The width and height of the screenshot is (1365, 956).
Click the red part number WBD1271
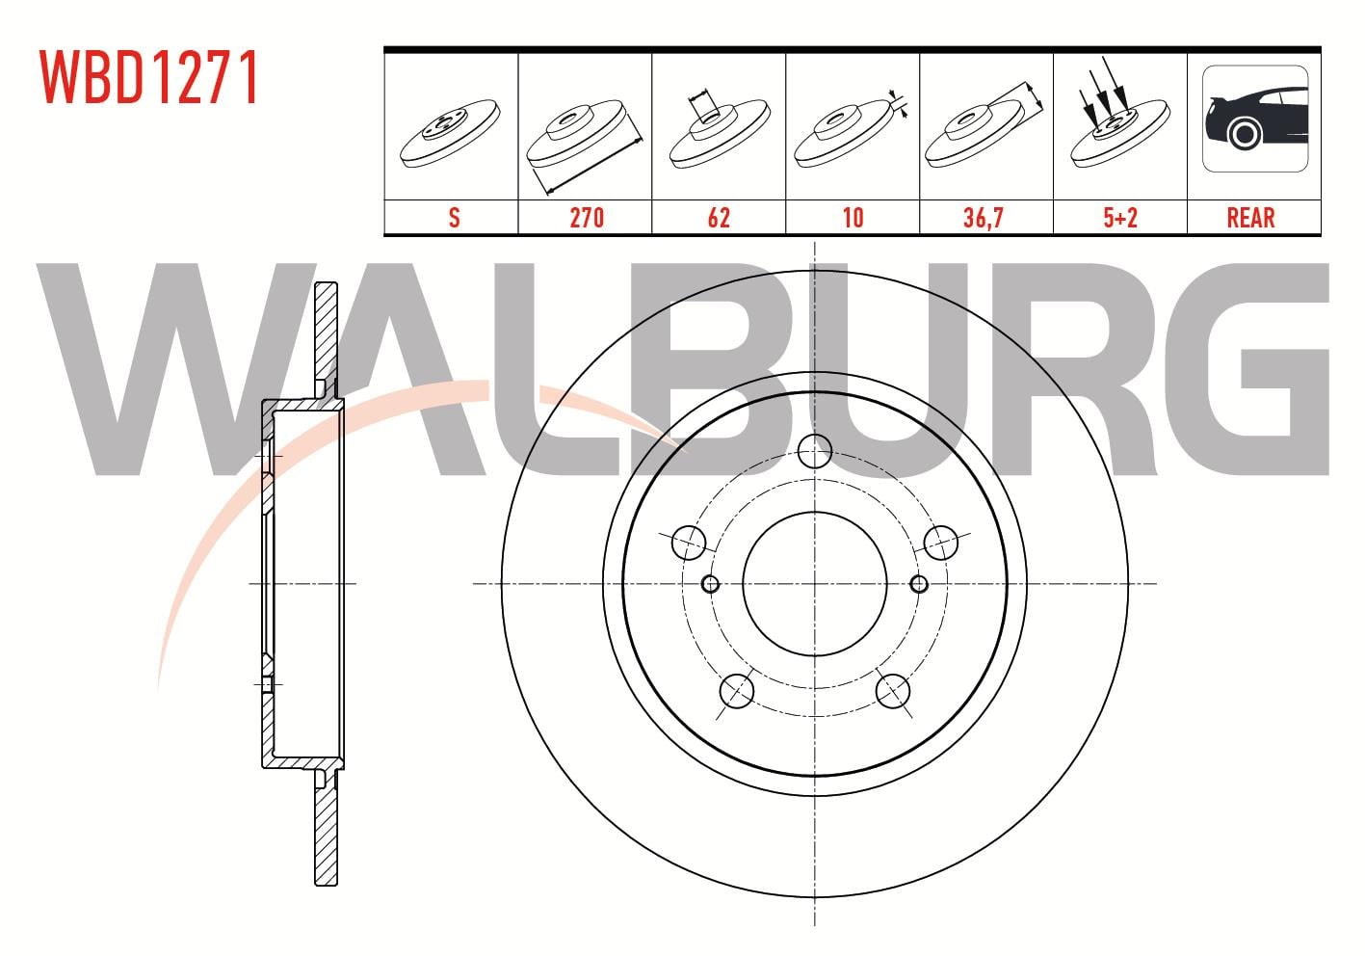(148, 77)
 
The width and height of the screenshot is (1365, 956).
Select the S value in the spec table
(454, 218)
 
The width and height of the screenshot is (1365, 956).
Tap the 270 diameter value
(587, 218)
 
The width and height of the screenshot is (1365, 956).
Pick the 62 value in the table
(719, 218)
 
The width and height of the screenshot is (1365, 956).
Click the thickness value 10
(853, 218)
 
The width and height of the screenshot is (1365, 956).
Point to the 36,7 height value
(983, 218)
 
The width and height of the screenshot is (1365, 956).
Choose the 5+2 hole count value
(1120, 218)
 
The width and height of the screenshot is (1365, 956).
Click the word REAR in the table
(1250, 218)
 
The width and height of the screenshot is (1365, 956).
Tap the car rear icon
(1255, 119)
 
